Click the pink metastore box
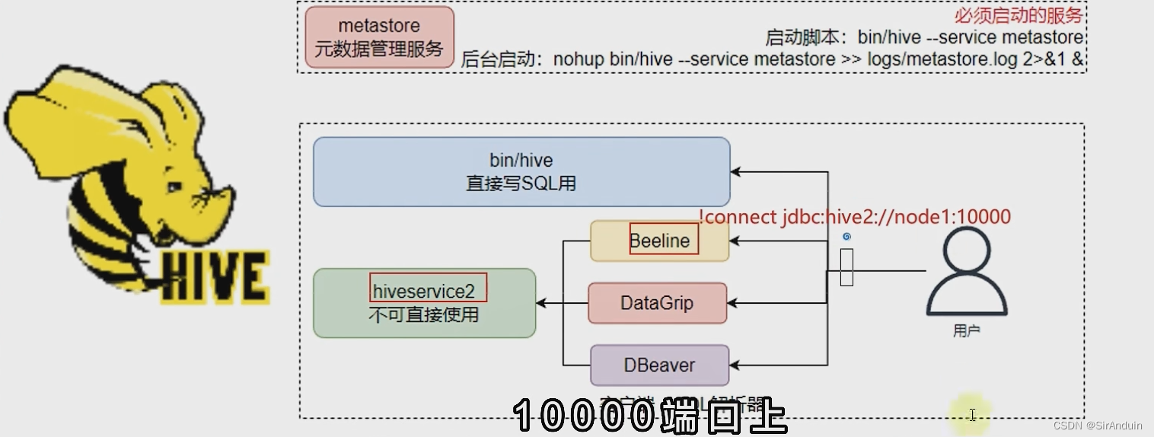(x=379, y=37)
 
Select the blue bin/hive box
(x=521, y=172)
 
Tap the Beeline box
(x=659, y=241)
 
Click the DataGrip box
(x=657, y=303)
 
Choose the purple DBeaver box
(x=659, y=365)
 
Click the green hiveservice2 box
(x=424, y=303)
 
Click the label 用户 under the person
(x=966, y=331)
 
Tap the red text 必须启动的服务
(x=1018, y=15)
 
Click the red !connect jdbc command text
(x=854, y=217)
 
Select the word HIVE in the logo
(x=214, y=276)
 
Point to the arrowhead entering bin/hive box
(x=736, y=172)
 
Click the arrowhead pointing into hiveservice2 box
(x=541, y=303)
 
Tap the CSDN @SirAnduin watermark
(x=1098, y=426)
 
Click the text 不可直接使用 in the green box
(x=424, y=314)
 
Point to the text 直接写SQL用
(x=521, y=183)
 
